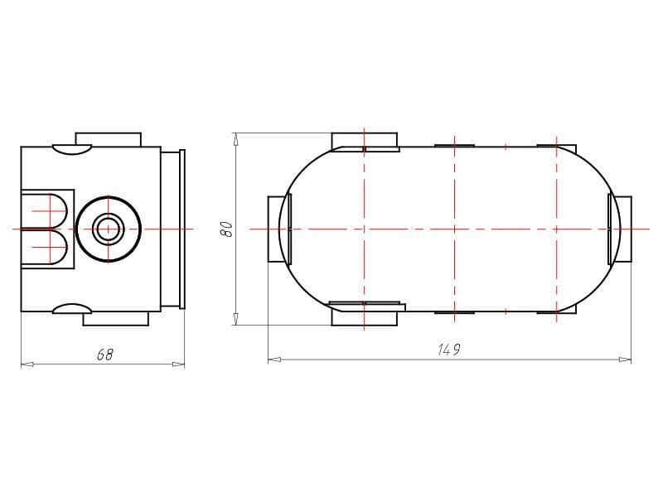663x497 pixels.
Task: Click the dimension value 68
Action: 105,355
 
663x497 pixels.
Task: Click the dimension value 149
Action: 449,350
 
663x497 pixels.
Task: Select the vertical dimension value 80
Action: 227,229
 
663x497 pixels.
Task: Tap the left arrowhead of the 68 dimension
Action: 27,364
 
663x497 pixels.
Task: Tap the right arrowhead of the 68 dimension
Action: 178,364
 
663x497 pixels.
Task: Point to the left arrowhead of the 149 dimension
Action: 274,359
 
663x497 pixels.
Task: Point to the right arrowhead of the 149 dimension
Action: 625,359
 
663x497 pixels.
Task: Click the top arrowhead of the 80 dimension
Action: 236,139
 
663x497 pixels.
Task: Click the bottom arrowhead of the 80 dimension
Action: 236,319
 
